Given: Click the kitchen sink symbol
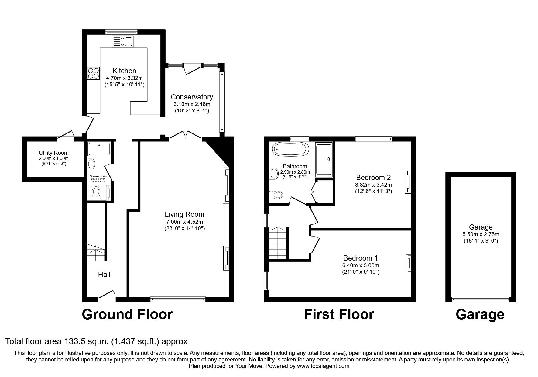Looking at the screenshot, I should coord(123,41).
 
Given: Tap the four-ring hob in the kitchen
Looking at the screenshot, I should coord(93,73).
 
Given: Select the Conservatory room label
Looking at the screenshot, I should coord(192,97).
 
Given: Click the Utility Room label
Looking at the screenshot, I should coord(53,153).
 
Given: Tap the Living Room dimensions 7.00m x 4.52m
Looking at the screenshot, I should coord(184,222).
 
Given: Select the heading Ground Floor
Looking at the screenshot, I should coord(127,314).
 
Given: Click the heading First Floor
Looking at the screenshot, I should coord(339,314).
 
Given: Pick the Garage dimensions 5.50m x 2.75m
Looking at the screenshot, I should coord(481,234).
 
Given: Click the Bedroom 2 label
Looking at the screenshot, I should coord(373,177).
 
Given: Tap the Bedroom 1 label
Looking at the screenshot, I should coord(360,258).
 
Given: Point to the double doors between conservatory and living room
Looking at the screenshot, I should coord(185,135).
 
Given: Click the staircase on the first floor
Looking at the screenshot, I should coord(278,243).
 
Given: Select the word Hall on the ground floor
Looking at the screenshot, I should coord(104,275).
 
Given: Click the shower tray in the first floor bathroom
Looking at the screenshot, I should coord(324,159).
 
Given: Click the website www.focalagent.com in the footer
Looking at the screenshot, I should coord(323,366).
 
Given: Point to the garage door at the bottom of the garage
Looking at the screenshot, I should coord(481,299).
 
